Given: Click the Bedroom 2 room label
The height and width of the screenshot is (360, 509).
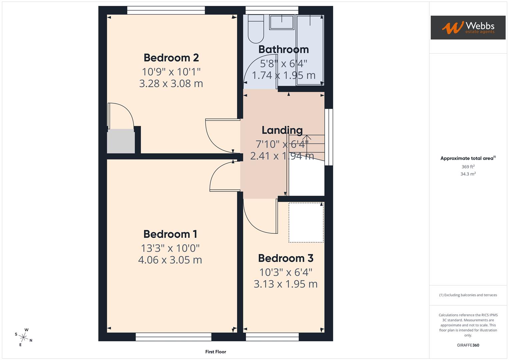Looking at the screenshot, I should click(x=171, y=58).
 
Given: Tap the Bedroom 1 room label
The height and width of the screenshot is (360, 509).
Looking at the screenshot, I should click(x=170, y=234).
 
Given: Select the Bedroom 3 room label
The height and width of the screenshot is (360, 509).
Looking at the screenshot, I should click(x=286, y=258).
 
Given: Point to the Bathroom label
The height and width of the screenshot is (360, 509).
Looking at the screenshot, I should click(x=283, y=49).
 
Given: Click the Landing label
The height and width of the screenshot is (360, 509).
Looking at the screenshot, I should click(x=282, y=130).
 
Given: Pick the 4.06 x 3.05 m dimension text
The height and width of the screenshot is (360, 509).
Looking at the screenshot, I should click(x=170, y=260).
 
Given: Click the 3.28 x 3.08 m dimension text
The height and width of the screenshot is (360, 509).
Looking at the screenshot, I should click(x=171, y=83).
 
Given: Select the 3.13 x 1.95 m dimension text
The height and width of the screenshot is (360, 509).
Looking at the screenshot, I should click(x=285, y=284).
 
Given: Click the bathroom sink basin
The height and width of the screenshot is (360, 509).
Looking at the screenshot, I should click(x=282, y=22).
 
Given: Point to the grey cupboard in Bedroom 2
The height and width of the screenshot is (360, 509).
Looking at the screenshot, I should click(x=121, y=141).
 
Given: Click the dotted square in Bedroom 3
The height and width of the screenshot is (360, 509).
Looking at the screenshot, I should click(x=306, y=222).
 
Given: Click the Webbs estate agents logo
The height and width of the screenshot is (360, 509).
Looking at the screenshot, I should click(x=468, y=28).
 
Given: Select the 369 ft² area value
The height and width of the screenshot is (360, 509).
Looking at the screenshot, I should click(x=468, y=167).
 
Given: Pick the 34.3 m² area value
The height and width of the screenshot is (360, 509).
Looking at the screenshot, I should click(x=468, y=174).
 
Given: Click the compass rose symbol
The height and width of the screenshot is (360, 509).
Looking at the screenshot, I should click(x=24, y=337).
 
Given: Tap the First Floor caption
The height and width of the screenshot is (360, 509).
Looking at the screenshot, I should click(x=216, y=352).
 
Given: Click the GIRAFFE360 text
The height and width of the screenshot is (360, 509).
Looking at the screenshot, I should click(x=468, y=345).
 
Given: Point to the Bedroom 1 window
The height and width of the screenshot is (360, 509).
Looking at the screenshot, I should click(x=173, y=337).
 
